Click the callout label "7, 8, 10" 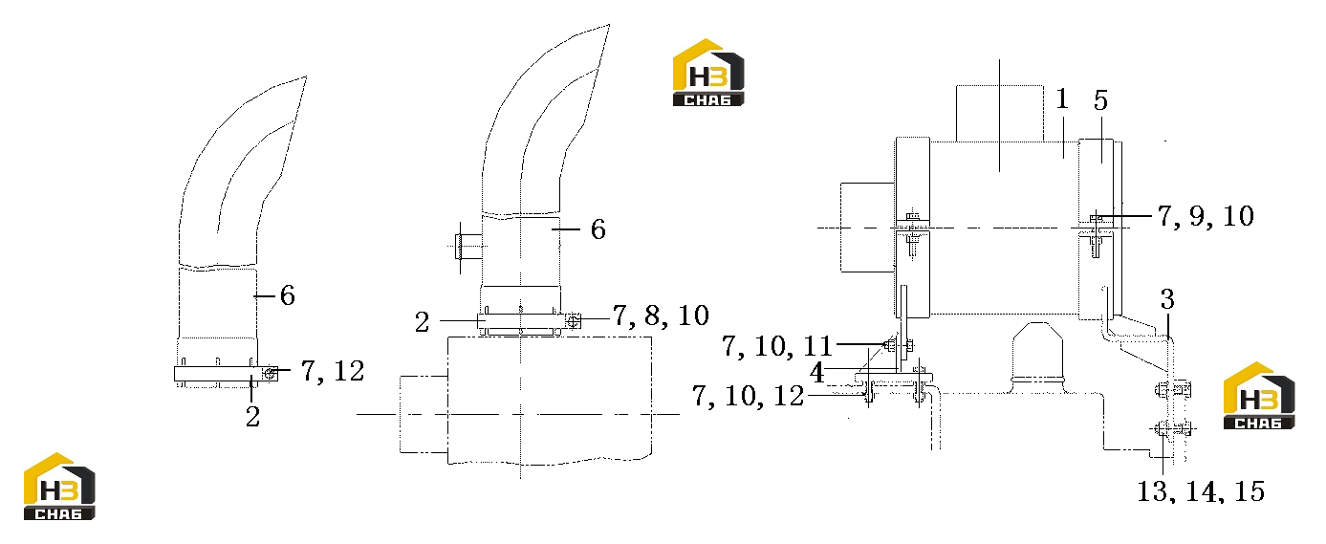click(661, 316)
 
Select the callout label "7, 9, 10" click(1206, 216)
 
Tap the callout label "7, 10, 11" click(777, 346)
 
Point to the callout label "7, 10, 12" click(749, 396)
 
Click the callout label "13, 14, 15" click(1201, 491)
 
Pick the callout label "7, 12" click(332, 371)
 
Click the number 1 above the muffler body click(1062, 98)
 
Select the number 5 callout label click(1100, 100)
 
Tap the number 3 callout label click(1167, 299)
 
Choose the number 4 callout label click(817, 373)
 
